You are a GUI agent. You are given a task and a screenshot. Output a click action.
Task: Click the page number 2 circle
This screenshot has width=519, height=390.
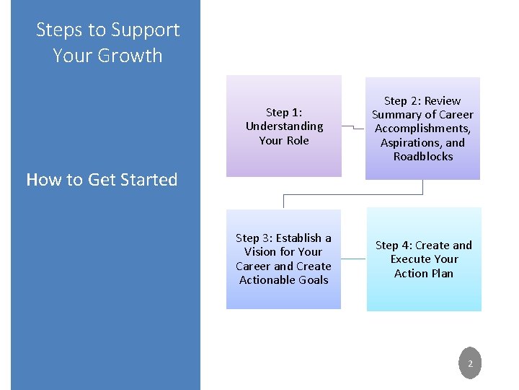click(x=470, y=364)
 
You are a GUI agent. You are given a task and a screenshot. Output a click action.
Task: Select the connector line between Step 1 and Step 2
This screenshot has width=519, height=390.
click(x=353, y=128)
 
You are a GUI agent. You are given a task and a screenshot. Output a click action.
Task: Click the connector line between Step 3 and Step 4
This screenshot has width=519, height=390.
click(x=353, y=259)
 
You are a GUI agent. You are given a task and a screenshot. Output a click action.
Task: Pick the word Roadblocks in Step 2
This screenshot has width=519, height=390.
click(x=423, y=156)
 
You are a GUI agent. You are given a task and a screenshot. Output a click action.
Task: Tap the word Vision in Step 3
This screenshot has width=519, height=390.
click(x=260, y=252)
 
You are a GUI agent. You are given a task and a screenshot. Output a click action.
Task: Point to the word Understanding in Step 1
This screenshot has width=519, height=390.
click(x=284, y=126)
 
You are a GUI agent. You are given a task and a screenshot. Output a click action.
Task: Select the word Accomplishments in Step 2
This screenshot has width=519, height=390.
click(x=422, y=129)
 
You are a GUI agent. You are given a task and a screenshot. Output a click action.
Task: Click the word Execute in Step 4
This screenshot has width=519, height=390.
click(x=409, y=259)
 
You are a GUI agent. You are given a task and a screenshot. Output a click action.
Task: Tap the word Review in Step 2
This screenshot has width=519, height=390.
click(x=443, y=100)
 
